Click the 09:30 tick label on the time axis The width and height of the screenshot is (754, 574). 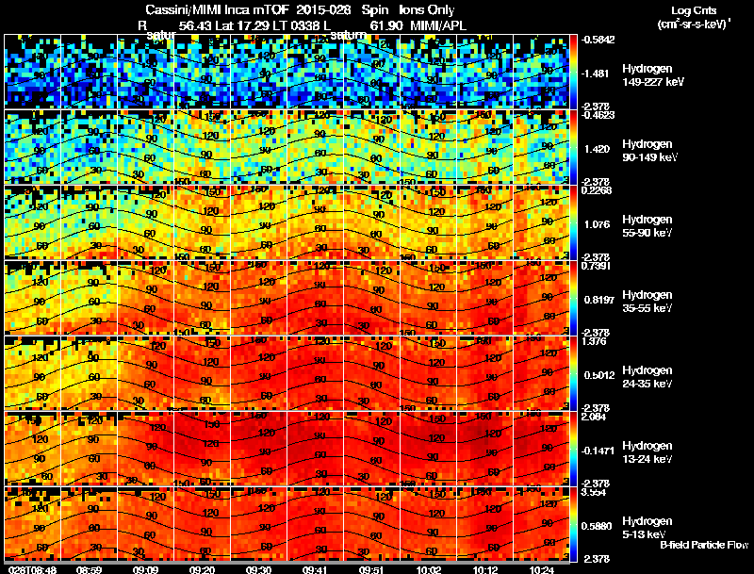click(x=258, y=568)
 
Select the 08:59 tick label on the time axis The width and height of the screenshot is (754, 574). click(x=89, y=568)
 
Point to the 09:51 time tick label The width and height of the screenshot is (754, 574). click(x=370, y=568)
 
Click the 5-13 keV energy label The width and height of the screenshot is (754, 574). click(x=646, y=534)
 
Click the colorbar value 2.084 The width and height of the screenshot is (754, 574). click(x=595, y=417)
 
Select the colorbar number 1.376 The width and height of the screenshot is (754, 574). click(x=595, y=341)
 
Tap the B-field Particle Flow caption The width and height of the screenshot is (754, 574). click(x=703, y=545)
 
